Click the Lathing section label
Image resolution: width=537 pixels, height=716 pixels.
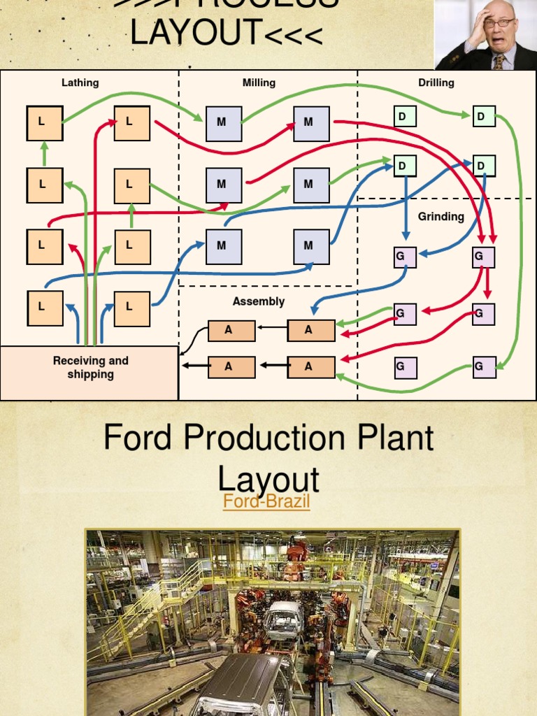(x=80, y=83)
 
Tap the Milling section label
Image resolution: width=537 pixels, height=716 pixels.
(x=259, y=83)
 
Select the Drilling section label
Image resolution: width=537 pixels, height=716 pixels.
(x=436, y=83)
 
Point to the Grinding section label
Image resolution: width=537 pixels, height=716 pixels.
(x=441, y=217)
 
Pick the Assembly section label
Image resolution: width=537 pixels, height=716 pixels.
(x=259, y=301)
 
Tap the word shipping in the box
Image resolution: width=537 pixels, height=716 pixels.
(x=91, y=374)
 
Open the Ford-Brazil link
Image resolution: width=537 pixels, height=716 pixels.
(x=266, y=501)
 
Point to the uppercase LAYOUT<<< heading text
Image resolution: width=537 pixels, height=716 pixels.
(x=226, y=34)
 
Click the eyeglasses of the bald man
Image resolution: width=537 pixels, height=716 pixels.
(x=498, y=23)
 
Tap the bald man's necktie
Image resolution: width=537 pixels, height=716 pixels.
(x=499, y=62)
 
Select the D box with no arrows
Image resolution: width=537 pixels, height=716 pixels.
(x=405, y=116)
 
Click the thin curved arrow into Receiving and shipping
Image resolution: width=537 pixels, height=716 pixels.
(x=192, y=339)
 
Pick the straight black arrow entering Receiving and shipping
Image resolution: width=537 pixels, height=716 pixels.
(x=195, y=365)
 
